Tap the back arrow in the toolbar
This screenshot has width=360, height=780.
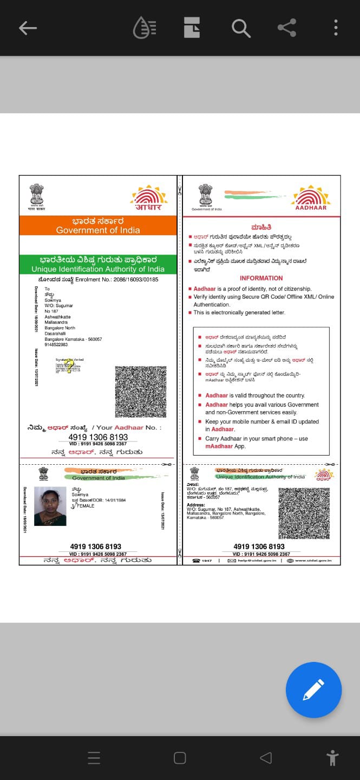[28, 28]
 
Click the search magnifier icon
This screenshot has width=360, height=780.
[241, 28]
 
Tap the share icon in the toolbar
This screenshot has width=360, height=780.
[286, 28]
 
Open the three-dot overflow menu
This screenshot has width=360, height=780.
[336, 28]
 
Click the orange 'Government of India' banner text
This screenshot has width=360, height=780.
[98, 230]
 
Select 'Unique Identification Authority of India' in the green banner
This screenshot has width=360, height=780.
[98, 269]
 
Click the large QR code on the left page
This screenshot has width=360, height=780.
[141, 391]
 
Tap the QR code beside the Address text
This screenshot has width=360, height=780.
[304, 513]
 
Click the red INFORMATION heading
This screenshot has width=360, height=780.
[261, 278]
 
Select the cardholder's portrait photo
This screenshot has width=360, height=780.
[50, 506]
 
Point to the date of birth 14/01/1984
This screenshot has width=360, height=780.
[113, 499]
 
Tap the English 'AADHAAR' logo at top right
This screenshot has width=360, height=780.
[311, 200]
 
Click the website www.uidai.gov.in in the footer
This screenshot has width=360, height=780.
[313, 560]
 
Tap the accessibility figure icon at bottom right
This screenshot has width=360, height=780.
[332, 757]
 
